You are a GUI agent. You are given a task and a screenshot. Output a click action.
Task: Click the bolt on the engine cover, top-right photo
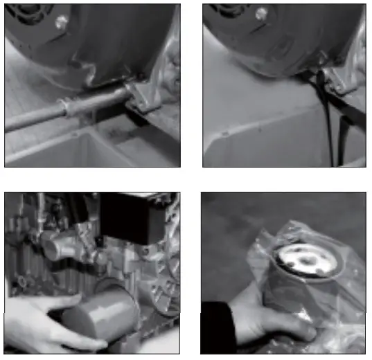[x=261, y=13]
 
